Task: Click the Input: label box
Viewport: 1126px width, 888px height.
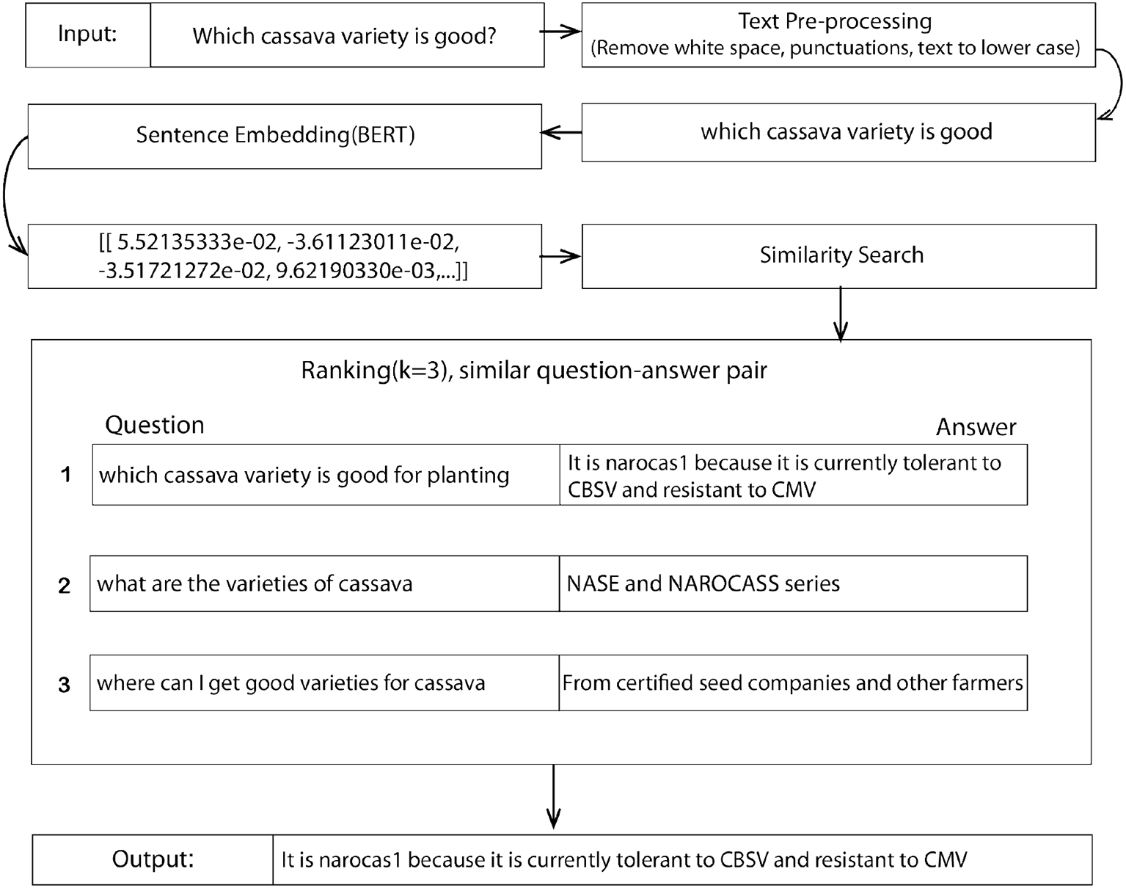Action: (x=88, y=35)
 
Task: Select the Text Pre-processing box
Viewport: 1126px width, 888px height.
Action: (x=838, y=35)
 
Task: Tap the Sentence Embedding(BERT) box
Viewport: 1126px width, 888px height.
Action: (x=285, y=136)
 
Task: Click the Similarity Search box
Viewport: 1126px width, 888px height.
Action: (x=838, y=255)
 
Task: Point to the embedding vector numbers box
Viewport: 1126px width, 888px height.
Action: (x=285, y=256)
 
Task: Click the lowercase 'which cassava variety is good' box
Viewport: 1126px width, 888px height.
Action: (x=838, y=132)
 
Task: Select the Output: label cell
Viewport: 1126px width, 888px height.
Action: (x=153, y=859)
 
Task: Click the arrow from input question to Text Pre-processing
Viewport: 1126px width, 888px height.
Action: (x=562, y=32)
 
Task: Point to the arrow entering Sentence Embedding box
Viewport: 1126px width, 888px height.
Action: (x=561, y=133)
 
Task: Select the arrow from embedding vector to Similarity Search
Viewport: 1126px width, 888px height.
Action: (x=561, y=256)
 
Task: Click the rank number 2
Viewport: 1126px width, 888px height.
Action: (x=65, y=586)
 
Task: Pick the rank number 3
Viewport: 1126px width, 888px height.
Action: (x=65, y=685)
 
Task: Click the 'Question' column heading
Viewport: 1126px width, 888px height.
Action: (x=155, y=425)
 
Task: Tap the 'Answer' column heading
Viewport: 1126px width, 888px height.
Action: (x=976, y=427)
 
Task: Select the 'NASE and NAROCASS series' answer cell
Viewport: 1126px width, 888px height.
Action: (x=793, y=583)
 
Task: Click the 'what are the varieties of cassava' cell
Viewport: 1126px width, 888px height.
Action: (x=324, y=583)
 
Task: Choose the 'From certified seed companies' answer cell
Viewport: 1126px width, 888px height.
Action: (x=793, y=683)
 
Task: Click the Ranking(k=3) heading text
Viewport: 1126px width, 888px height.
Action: (x=534, y=371)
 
